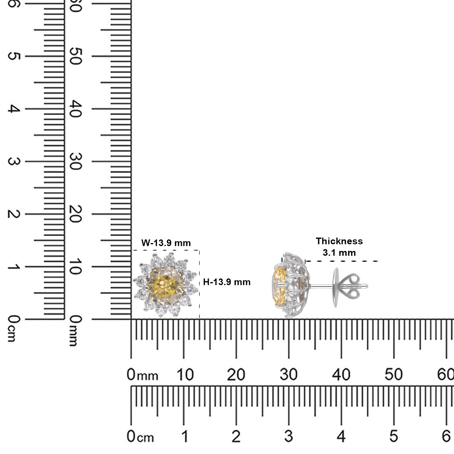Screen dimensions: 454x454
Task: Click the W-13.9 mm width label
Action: pos(166,243)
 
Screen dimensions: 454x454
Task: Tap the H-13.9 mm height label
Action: pos(227,282)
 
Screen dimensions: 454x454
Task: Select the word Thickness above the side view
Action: pos(339,241)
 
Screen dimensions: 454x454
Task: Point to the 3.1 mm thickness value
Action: pos(339,252)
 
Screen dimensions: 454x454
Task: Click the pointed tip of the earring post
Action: pos(367,286)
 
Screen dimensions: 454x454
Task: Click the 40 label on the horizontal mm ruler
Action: pos(341,375)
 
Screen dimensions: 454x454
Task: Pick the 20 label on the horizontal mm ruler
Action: pos(236,375)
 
